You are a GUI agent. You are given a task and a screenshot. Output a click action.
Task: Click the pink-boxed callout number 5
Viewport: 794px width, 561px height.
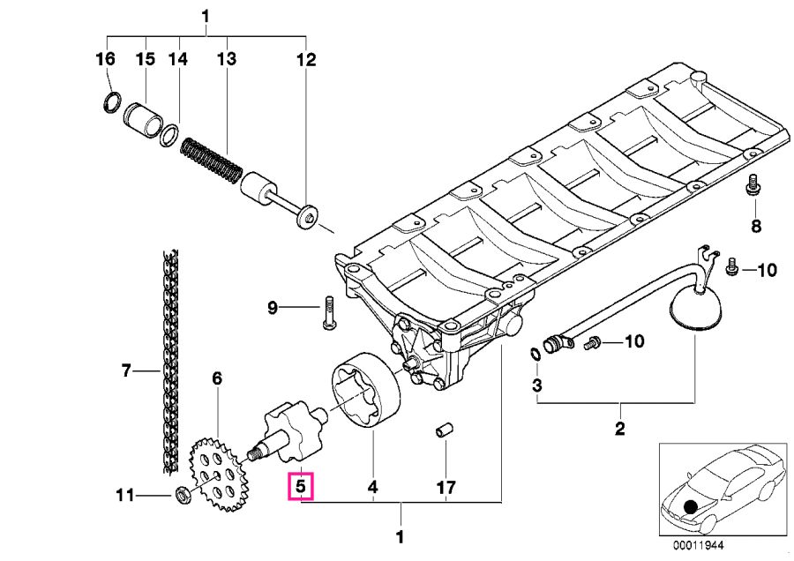click(300, 487)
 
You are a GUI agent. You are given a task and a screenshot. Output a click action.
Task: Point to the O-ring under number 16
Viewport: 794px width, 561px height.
click(112, 103)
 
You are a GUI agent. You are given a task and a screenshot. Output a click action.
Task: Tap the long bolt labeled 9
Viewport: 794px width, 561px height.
click(327, 313)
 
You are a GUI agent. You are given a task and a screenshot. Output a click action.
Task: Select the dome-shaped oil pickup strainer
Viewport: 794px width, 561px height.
click(695, 308)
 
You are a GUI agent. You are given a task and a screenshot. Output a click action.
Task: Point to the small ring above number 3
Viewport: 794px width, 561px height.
click(536, 354)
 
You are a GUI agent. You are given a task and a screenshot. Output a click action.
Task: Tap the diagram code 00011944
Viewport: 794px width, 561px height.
click(699, 545)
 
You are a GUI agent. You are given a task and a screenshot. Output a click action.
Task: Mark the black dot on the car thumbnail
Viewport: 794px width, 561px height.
click(690, 507)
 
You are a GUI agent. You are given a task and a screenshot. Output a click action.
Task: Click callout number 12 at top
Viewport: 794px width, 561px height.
click(306, 59)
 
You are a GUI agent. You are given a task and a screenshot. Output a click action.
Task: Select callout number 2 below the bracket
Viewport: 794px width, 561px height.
click(620, 429)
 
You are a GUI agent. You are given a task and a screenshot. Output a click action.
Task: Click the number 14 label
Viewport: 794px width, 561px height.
click(177, 59)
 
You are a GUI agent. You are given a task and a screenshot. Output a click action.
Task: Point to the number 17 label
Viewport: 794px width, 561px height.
click(446, 487)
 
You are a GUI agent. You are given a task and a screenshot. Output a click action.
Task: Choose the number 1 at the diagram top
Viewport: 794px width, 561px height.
click(205, 17)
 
